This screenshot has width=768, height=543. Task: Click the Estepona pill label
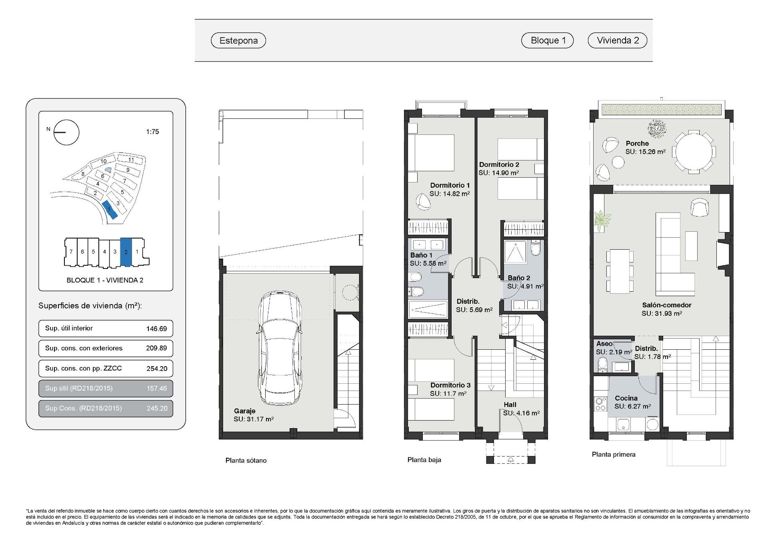(238, 40)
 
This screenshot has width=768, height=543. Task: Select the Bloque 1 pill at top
(548, 40)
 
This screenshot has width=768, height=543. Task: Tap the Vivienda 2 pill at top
(618, 40)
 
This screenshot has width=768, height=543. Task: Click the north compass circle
(67, 132)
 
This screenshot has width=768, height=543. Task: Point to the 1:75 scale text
(152, 132)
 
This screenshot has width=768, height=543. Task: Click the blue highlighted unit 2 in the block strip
(126, 252)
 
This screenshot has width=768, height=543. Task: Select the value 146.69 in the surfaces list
(156, 329)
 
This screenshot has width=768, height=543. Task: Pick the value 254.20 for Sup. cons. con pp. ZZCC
(156, 369)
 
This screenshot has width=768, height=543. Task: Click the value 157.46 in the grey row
(156, 388)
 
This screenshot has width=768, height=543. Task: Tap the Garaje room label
(244, 411)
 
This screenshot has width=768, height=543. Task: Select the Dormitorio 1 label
(450, 185)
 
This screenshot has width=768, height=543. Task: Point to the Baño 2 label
(519, 278)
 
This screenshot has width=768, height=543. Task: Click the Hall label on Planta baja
(510, 405)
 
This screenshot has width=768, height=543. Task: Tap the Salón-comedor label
(666, 305)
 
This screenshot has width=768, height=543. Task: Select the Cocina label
(626, 398)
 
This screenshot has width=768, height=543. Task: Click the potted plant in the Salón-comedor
(602, 220)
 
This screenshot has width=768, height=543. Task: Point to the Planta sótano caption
(246, 461)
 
